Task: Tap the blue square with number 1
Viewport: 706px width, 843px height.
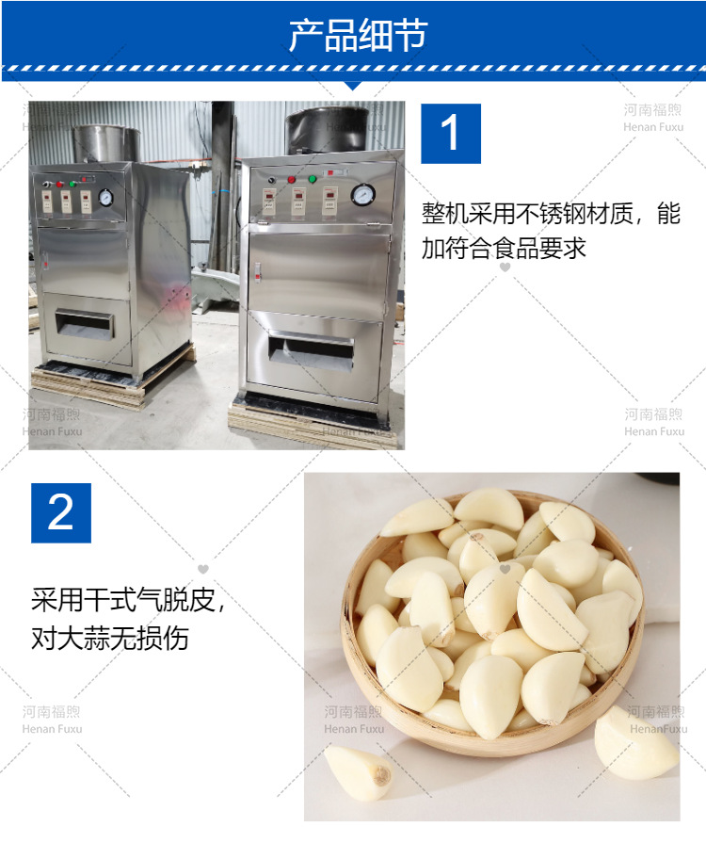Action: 450,133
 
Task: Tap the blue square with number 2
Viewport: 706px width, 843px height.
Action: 61,512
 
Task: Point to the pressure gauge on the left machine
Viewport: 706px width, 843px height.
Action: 106,199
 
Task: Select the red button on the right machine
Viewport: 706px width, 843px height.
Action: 291,178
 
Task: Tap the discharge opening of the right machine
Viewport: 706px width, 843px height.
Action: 310,349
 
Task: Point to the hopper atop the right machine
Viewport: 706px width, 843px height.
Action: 327,128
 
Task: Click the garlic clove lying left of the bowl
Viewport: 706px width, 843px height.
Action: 357,771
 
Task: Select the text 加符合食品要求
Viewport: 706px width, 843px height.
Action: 504,248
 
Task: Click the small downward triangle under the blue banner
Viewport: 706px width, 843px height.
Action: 353,85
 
